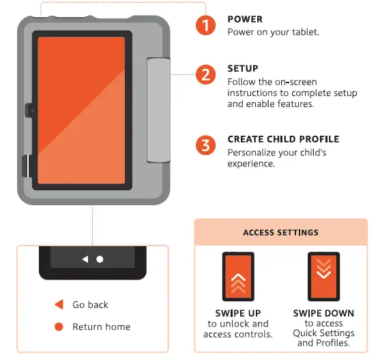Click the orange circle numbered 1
205,26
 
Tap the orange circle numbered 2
205,74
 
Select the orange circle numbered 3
205,145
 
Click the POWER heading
244,20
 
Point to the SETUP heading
242,69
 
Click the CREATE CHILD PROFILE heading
282,140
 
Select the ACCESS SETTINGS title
280,232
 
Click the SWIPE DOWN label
323,314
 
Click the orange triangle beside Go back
59,305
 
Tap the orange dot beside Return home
59,327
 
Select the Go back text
90,305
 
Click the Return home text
101,327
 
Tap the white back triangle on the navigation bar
85,259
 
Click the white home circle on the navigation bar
100,259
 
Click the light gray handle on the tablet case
158,109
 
